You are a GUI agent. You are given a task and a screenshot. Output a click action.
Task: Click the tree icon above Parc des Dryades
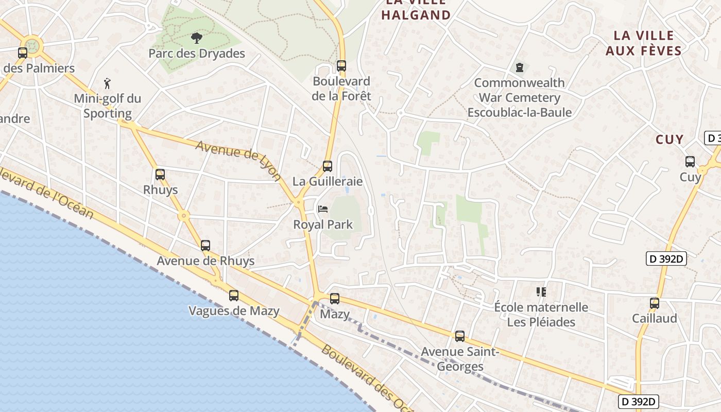[196, 38]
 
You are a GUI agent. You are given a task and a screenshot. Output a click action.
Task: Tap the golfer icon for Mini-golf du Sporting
[107, 83]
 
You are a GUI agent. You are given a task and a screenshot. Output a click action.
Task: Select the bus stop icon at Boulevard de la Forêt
[341, 66]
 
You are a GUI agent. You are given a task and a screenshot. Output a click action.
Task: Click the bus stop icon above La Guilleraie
[328, 166]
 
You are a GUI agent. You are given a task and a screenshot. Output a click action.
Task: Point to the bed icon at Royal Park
[323, 209]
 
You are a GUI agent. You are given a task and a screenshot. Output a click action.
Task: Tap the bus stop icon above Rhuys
[160, 174]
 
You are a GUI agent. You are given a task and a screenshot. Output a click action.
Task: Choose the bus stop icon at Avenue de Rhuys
[205, 245]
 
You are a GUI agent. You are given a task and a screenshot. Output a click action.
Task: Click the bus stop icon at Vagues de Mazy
[234, 295]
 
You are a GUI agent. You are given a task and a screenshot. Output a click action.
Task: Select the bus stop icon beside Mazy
[335, 298]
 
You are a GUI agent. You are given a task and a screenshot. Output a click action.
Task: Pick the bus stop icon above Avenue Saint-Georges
[460, 336]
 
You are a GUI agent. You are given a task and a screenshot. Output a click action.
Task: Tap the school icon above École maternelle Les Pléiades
[541, 292]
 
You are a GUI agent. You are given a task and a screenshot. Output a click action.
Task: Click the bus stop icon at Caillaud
[655, 303]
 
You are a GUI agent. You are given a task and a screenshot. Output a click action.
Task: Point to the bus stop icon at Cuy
[690, 162]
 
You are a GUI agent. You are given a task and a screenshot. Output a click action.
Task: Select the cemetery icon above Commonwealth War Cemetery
[519, 67]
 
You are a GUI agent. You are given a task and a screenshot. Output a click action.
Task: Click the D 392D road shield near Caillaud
[666, 259]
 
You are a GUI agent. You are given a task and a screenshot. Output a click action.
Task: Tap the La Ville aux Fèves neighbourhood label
[644, 43]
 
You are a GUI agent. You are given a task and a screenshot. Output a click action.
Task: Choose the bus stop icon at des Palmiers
[23, 53]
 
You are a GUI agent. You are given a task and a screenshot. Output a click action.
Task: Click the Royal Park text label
[323, 225]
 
